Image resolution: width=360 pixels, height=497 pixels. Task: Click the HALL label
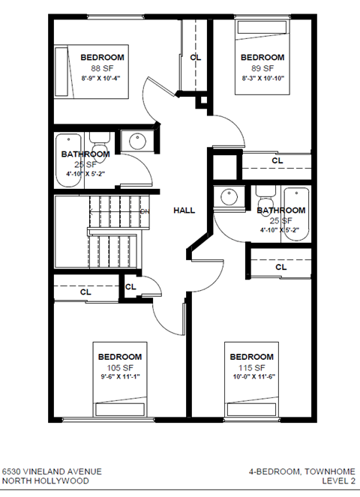tap(184, 211)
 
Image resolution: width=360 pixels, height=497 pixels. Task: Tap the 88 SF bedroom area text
tap(102, 67)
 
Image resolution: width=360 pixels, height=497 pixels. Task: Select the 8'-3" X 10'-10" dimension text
tap(262, 77)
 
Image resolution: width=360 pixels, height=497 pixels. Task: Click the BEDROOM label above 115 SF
tap(251, 357)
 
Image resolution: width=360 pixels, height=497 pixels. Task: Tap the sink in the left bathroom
tap(137, 142)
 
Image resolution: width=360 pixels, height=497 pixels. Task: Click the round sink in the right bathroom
tap(228, 198)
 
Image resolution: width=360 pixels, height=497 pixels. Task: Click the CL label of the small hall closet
tap(130, 286)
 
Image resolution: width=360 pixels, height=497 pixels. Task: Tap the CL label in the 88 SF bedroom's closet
tap(195, 57)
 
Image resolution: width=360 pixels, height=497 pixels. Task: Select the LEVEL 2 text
tap(337, 482)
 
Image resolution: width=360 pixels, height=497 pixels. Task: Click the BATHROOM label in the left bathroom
tap(85, 154)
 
